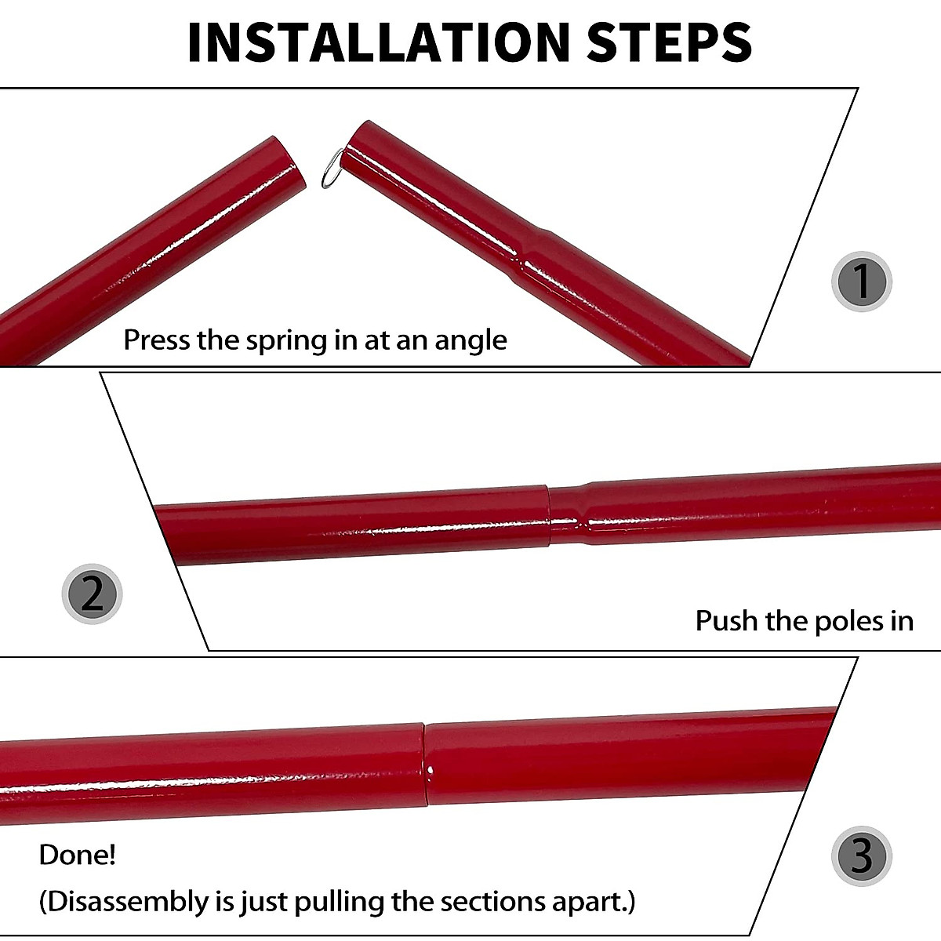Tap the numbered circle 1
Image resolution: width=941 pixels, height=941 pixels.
coord(861,282)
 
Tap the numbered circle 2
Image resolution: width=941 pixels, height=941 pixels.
coord(92,594)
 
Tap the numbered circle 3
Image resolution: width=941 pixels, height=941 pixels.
coord(861,855)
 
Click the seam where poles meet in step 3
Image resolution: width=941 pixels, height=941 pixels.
coord(425,765)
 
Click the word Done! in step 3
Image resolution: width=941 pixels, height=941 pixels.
coord(78,855)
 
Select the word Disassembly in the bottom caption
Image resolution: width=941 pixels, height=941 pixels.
coord(125,902)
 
